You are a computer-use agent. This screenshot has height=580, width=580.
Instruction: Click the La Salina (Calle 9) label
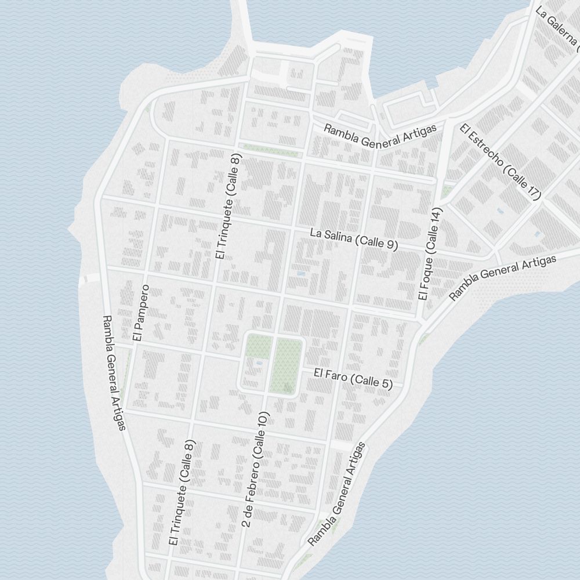[x=354, y=238]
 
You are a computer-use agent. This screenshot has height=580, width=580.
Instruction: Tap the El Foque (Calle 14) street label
[x=430, y=255]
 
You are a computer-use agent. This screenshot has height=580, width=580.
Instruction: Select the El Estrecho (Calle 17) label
[x=500, y=162]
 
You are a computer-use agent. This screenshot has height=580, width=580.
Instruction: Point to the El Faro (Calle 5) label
[x=353, y=378]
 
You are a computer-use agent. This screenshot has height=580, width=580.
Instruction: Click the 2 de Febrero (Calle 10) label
[x=256, y=470]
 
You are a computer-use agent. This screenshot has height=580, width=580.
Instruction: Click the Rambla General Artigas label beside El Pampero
[x=114, y=373]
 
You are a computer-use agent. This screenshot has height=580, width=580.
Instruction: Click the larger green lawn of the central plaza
[x=287, y=365]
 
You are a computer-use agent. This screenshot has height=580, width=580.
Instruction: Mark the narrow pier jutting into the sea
[x=243, y=23]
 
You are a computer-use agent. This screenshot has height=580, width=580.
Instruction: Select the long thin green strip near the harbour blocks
[x=271, y=149]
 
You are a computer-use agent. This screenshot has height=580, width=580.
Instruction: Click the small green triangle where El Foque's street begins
[x=447, y=190]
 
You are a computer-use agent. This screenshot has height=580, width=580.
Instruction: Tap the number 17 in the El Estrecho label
[x=532, y=190]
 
